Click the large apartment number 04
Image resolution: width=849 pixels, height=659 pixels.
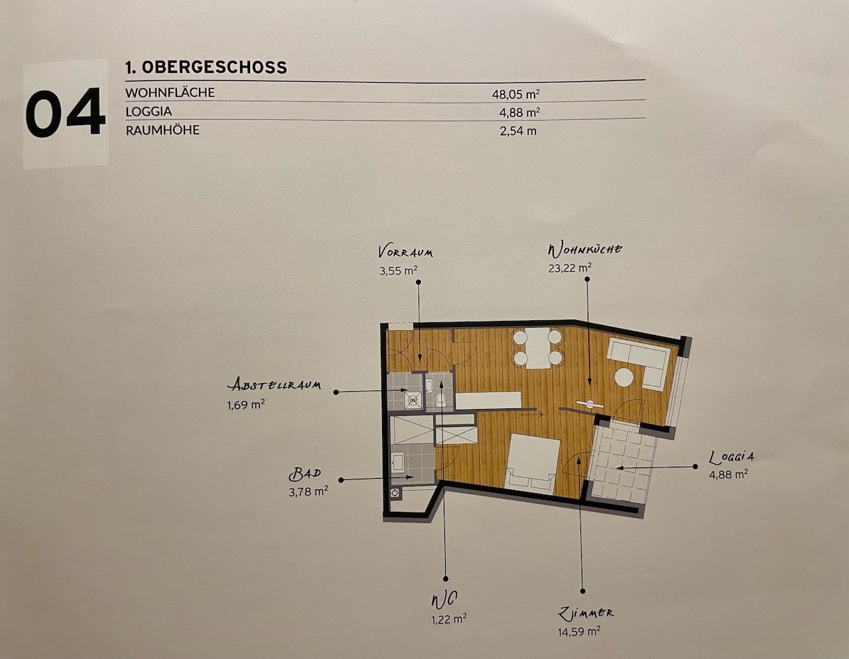coord(65,113)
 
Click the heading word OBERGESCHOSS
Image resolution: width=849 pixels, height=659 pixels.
coord(214,67)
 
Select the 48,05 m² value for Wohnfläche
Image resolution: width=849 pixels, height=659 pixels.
coord(516,94)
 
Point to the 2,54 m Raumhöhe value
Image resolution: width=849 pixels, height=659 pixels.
coord(517,131)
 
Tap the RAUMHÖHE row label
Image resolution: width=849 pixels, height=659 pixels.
coord(163,130)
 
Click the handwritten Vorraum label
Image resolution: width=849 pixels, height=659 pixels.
coord(405,252)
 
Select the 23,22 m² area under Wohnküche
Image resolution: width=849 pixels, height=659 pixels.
coord(570,268)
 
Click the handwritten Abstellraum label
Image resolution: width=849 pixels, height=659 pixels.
coord(275,385)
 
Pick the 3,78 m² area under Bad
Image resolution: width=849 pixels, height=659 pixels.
coord(308,491)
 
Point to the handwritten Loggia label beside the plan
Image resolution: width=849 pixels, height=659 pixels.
coord(731,457)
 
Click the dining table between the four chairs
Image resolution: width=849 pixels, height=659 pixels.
coord(538,348)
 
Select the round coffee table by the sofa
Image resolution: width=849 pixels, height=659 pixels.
coord(624,378)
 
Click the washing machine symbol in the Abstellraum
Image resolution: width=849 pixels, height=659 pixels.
coord(413,400)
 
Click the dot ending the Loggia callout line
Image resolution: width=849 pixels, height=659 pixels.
coord(695,467)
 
